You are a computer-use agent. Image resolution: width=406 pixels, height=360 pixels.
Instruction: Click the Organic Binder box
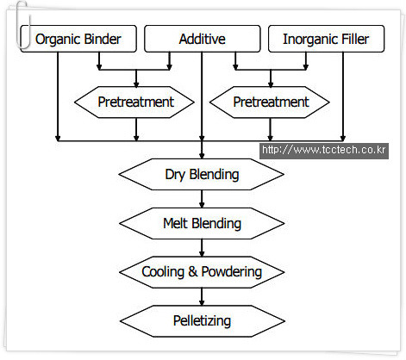coord(78,39)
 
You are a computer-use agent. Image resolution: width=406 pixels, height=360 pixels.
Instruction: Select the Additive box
coord(203,39)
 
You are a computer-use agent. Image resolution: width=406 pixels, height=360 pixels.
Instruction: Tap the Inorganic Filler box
coord(326,39)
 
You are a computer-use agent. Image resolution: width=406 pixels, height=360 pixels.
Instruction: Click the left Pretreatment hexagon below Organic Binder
coord(134,102)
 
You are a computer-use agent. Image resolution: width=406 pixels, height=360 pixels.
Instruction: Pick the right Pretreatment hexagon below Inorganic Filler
coord(270,102)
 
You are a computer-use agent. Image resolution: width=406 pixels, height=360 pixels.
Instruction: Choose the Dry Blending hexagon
coord(202,174)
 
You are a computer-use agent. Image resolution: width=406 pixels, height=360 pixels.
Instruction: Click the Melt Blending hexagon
coord(202,223)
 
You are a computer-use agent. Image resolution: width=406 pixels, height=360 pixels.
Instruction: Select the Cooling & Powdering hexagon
coord(202,272)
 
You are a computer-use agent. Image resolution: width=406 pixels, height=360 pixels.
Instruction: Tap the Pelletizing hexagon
coord(203,321)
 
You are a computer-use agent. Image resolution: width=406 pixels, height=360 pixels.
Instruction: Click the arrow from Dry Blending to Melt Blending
coord(202,199)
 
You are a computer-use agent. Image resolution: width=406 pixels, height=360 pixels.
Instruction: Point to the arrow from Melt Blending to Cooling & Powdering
coord(202,248)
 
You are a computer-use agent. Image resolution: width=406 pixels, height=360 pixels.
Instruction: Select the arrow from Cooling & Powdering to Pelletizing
coord(202,296)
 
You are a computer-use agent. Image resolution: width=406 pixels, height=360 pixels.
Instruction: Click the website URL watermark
coord(324,150)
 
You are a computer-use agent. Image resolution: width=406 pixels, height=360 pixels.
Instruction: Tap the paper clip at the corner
coord(22,24)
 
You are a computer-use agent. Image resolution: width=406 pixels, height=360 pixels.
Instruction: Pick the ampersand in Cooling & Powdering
coord(193,272)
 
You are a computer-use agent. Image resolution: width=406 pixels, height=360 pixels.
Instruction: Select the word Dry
coord(175,175)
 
